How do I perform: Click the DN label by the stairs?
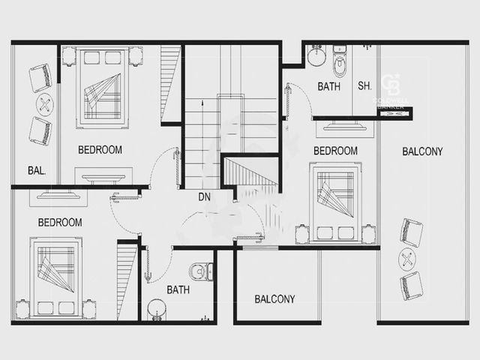(204, 196)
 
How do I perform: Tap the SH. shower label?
(364, 85)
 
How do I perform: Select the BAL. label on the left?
(37, 170)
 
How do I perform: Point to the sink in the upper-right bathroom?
(316, 55)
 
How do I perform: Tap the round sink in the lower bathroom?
(157, 310)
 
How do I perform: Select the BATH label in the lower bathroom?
(178, 289)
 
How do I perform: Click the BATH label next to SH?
(328, 87)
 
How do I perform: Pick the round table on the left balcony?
(45, 105)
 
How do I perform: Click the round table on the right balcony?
(407, 260)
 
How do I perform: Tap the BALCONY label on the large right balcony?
(422, 151)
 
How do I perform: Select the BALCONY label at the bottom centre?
(275, 298)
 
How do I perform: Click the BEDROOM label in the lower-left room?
(60, 223)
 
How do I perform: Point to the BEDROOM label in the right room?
(335, 151)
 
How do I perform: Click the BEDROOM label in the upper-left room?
(100, 150)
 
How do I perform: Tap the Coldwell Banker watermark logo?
(391, 91)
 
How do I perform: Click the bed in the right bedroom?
(335, 202)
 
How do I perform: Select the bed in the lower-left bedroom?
(55, 278)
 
